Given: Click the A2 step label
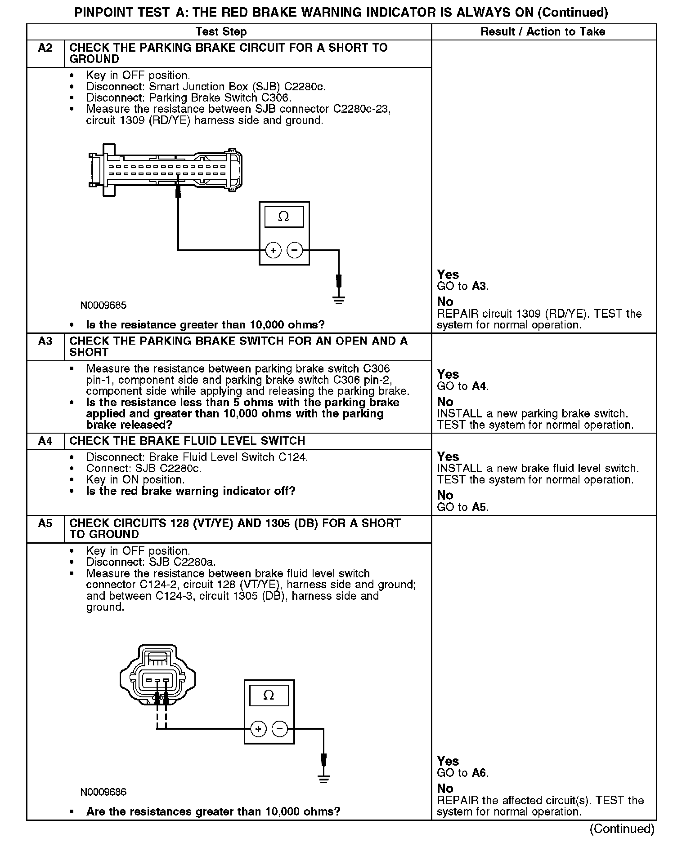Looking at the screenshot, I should (45, 48).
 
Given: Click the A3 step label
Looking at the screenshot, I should (45, 341).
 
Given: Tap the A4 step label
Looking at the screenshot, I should (45, 441).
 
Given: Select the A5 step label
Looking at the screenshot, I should (45, 523).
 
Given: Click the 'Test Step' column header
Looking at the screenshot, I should (221, 32).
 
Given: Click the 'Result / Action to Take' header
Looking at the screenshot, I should (543, 32).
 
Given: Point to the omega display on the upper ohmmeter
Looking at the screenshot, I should (284, 217).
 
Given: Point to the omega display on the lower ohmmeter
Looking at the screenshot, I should (269, 696).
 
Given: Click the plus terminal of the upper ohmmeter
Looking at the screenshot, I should (273, 250).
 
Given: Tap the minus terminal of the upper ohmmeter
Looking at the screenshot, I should (295, 250).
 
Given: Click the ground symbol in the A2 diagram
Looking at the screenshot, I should (339, 300).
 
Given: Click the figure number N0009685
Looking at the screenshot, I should (103, 306).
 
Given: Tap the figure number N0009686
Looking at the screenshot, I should (103, 792).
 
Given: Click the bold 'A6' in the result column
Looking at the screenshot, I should (480, 773).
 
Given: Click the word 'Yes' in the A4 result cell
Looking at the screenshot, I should (448, 456).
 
